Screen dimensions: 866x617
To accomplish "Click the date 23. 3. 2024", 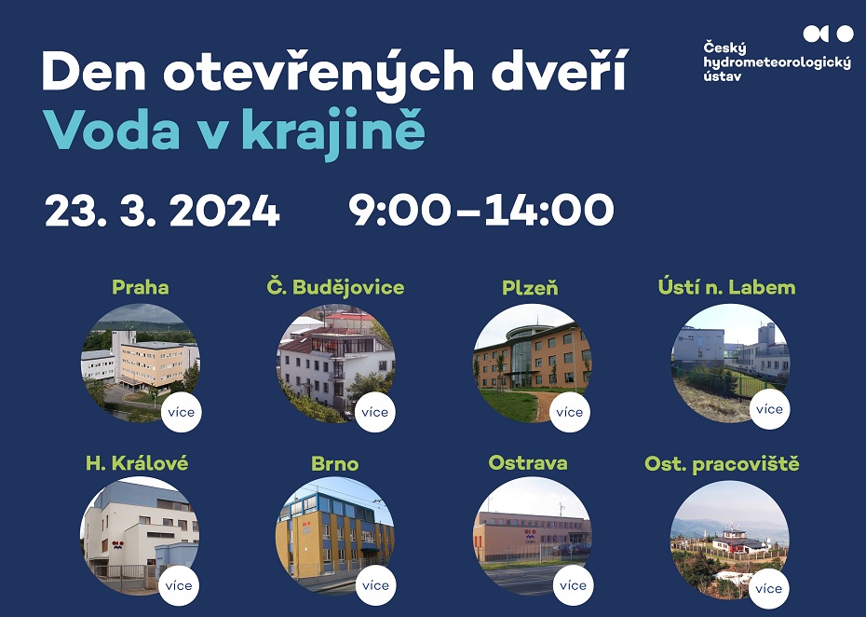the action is [162, 211].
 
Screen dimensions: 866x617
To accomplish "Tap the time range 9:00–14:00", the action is [481, 210].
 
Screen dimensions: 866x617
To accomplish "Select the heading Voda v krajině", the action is [234, 131].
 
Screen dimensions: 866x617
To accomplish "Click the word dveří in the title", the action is [560, 70].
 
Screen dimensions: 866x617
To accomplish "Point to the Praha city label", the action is [141, 287].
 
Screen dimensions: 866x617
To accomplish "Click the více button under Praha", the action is [182, 413].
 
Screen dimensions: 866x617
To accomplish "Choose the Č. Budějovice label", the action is [335, 287].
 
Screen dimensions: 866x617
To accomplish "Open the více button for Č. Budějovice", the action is [375, 413].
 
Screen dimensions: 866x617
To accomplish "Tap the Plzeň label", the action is [530, 287].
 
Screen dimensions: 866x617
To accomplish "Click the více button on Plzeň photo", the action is [569, 413].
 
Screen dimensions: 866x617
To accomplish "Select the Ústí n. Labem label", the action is [727, 287].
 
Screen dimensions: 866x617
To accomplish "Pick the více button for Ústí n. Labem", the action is [770, 409].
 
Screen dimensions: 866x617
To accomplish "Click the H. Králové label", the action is [137, 463].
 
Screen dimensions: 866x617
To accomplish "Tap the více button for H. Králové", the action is [179, 586].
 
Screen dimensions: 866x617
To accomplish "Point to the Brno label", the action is [334, 463].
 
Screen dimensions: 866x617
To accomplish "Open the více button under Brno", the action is [375, 585].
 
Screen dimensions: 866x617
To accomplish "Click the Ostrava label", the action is [528, 462].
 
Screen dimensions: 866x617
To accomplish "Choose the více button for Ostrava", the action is [574, 585].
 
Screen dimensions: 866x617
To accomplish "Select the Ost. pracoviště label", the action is [722, 464].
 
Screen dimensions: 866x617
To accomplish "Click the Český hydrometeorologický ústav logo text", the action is [777, 62].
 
